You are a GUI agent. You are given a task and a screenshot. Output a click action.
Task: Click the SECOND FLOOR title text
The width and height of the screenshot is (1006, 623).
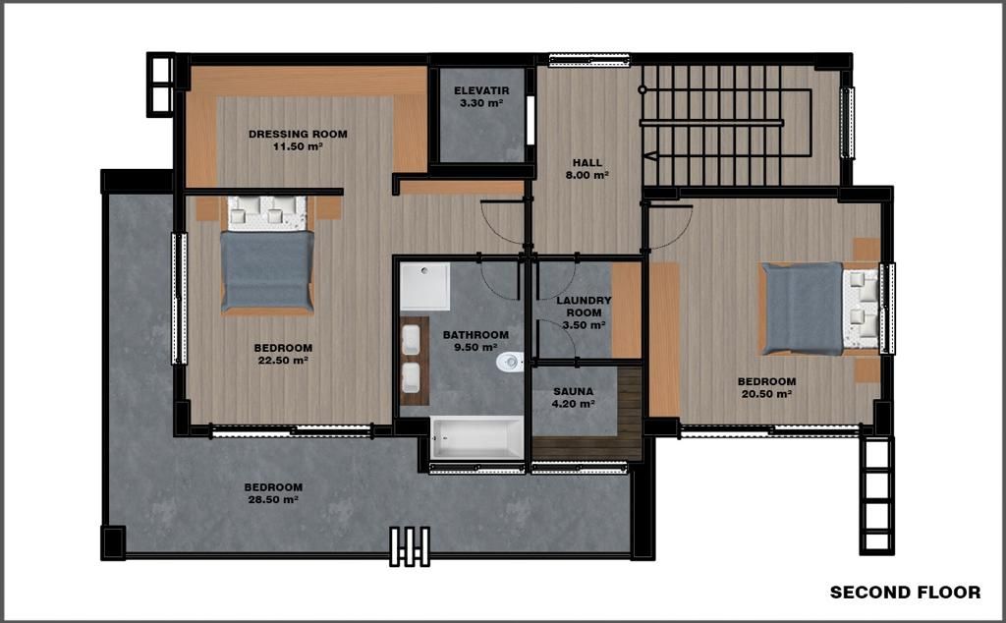905,593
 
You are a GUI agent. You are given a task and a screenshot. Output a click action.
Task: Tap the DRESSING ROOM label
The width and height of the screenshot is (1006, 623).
298,134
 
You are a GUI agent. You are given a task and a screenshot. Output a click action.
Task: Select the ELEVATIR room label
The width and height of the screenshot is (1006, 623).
481,90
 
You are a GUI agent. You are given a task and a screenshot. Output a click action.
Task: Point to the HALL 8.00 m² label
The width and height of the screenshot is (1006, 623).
587,169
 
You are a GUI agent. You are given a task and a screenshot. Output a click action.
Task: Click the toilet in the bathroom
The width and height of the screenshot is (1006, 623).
510,362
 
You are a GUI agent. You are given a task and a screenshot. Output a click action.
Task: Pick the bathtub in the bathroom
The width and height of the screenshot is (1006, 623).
476,438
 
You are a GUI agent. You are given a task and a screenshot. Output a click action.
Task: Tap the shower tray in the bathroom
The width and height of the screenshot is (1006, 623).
424,286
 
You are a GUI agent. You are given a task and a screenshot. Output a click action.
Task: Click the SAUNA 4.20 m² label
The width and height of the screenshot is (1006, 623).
574,397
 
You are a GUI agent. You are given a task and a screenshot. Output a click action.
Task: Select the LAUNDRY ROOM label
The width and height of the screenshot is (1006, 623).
584,306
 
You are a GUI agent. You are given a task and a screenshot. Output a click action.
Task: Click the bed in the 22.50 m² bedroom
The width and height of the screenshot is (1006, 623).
267,255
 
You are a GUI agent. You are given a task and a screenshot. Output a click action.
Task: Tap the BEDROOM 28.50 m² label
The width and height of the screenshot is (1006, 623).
273,493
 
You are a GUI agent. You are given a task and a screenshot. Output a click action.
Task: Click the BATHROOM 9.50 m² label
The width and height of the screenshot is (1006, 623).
475,341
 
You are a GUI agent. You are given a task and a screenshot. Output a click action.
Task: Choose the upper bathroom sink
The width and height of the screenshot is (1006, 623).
412,339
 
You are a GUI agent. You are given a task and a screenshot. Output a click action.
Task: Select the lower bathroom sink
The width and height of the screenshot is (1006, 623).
412,378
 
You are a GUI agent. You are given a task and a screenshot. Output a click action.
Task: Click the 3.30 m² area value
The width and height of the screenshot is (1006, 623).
481,102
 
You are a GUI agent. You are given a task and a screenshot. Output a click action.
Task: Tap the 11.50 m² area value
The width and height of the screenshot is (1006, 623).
298,146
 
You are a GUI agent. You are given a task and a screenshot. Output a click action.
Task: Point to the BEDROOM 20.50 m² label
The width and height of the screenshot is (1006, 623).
766,387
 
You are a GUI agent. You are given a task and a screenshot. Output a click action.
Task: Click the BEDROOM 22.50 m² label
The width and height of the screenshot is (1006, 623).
283,354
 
